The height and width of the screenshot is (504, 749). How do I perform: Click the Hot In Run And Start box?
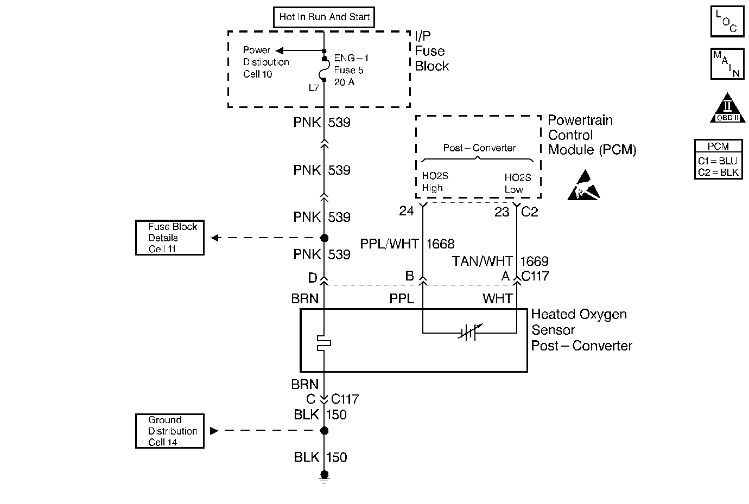point(324,17)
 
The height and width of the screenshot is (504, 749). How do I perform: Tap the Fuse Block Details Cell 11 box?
point(169,238)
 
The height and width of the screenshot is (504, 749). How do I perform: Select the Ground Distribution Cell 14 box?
point(169,431)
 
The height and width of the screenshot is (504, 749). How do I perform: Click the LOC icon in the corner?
point(727,21)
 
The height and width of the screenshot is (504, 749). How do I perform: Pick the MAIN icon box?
point(727,63)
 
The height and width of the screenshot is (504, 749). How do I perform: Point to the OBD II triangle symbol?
point(727,109)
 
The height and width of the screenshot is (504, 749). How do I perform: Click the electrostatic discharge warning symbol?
point(583,186)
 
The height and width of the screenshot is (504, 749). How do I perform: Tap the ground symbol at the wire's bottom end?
point(324,477)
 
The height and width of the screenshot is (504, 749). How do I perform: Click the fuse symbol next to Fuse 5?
point(324,69)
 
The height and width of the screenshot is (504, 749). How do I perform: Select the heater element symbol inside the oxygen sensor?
point(324,342)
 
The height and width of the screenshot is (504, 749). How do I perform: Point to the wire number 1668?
point(440,244)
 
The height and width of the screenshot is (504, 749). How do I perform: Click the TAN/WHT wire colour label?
point(482,261)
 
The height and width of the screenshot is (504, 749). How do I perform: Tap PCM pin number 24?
point(407,211)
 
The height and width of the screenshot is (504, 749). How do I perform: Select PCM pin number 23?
point(502,212)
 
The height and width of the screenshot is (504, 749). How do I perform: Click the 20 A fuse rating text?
point(344,82)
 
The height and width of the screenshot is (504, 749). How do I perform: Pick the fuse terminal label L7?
point(314,87)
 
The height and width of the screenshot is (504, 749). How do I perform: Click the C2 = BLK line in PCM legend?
point(718,173)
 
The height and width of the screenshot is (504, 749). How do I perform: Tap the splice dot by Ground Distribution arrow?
point(324,431)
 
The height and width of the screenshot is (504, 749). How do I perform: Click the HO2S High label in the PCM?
point(435,182)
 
